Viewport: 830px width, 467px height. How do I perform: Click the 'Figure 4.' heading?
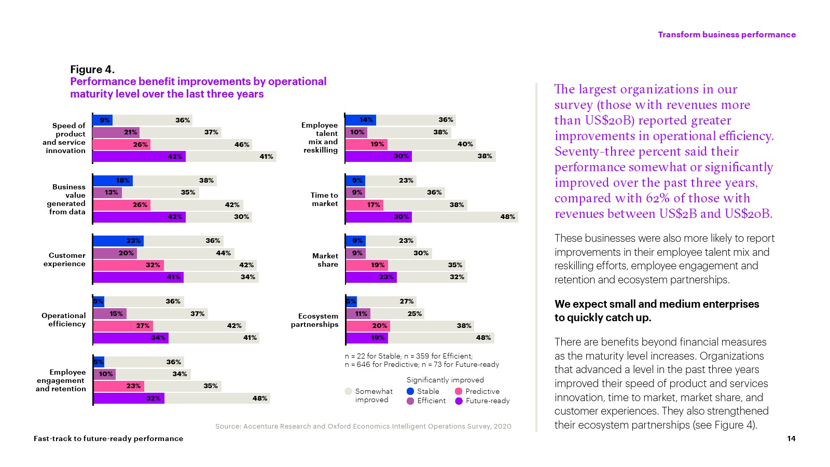coord(92,70)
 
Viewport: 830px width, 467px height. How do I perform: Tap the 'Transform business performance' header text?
coord(726,35)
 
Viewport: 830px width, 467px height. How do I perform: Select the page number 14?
coord(791,438)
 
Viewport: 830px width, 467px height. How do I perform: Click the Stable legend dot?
coord(410,391)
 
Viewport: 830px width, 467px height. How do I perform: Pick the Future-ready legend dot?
coord(459,401)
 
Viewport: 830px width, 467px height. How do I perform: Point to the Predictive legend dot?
coord(459,391)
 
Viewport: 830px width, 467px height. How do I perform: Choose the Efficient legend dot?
coord(410,401)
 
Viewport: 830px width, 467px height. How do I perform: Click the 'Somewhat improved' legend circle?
coord(349,391)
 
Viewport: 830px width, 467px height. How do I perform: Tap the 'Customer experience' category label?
coord(64,259)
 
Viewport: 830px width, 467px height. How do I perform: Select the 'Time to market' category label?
coord(324,199)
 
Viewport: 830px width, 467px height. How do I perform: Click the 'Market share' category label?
coord(325,260)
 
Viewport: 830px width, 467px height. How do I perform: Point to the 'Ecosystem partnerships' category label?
coord(314,320)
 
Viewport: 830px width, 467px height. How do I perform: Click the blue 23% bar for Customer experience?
coord(118,241)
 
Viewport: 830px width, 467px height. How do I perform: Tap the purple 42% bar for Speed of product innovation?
coord(139,157)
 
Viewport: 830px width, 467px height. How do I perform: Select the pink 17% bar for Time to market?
coord(364,205)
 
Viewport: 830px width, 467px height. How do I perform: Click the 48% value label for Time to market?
coord(507,217)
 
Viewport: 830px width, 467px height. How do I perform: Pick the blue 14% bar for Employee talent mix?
coord(361,120)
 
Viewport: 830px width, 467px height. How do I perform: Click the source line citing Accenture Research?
coord(363,427)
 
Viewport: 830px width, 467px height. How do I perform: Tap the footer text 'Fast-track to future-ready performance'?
coord(108,438)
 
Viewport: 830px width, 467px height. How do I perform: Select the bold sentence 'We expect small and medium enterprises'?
coord(657,304)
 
